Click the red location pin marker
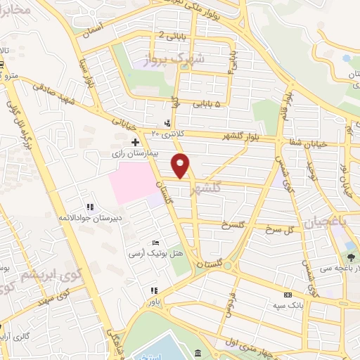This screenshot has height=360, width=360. pos(181,165)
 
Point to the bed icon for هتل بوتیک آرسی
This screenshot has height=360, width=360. pos(155,243)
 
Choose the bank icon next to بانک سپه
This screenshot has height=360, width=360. pos(287,296)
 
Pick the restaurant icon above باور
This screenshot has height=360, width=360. pos(154,290)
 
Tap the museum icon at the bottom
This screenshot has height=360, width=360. pos(199,352)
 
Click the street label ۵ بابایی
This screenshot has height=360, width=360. pos(209,105)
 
